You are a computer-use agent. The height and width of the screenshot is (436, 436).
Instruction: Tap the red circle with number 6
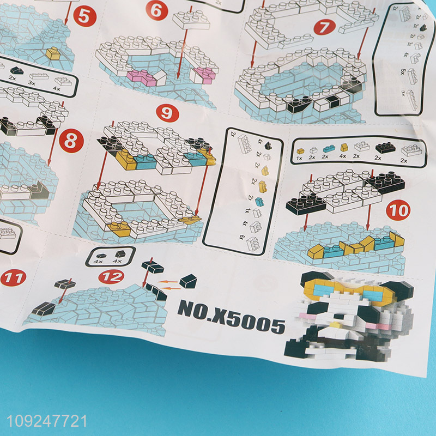click(156, 9)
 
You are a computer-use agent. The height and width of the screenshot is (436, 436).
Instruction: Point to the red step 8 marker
click(70, 142)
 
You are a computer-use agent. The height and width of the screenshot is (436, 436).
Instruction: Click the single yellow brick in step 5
click(53, 53)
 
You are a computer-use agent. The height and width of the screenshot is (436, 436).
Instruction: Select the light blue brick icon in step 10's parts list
click(329, 148)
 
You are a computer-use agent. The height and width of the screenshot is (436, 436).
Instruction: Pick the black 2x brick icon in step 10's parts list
click(386, 148)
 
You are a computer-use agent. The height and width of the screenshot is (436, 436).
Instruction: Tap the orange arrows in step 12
click(171, 282)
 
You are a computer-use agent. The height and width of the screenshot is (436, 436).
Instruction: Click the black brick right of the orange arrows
click(188, 281)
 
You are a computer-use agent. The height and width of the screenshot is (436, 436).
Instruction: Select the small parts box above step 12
click(108, 255)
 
